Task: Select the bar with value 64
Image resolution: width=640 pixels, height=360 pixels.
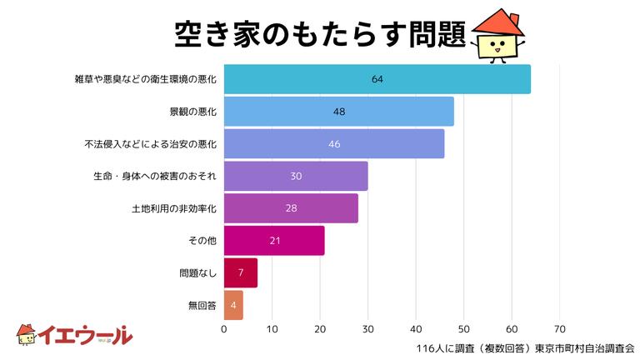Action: click(x=377, y=79)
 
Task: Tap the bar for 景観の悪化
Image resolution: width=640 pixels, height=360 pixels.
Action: click(x=339, y=111)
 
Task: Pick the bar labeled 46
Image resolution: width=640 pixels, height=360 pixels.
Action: click(x=334, y=143)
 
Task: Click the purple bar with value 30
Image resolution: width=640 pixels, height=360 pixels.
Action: click(x=296, y=176)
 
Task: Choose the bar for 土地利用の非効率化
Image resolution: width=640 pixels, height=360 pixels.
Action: click(x=291, y=208)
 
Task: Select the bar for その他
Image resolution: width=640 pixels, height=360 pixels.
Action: click(x=274, y=241)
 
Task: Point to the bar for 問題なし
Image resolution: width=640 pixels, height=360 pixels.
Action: click(x=240, y=272)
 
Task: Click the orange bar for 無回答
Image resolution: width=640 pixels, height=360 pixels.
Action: click(x=233, y=305)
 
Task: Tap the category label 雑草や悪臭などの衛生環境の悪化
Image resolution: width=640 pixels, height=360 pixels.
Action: click(x=145, y=79)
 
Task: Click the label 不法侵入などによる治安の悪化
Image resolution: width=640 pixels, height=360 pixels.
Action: click(x=151, y=144)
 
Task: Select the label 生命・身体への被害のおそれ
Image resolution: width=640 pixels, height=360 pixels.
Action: click(x=155, y=176)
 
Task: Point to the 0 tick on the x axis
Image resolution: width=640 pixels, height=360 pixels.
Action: click(x=224, y=329)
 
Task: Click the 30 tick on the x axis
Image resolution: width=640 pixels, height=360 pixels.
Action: click(x=367, y=329)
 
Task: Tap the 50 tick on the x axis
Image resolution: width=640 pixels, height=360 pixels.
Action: click(x=463, y=329)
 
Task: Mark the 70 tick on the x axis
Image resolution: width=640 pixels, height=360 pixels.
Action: click(x=559, y=329)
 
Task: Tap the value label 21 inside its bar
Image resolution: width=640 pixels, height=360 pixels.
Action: click(x=274, y=241)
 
